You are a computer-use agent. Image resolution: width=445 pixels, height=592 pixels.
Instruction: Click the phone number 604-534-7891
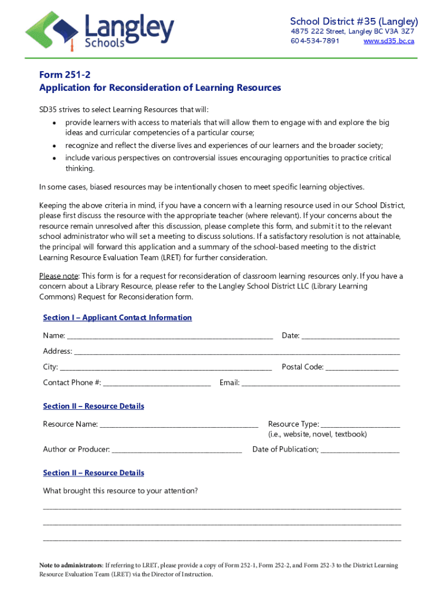click(315, 41)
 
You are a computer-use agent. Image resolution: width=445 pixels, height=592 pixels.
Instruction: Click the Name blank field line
click(170, 336)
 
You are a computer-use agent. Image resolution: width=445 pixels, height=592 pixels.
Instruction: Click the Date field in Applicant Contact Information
click(350, 336)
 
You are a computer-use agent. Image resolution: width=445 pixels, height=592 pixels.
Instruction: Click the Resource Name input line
click(179, 425)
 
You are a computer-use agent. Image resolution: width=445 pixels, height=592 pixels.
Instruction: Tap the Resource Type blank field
click(359, 425)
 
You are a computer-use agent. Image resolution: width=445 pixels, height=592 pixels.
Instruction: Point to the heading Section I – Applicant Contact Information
click(117, 317)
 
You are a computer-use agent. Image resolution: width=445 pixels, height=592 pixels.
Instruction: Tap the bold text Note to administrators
click(71, 565)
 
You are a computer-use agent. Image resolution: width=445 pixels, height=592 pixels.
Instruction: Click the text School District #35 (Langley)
click(354, 21)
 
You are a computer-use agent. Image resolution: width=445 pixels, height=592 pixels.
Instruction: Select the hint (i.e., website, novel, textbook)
click(317, 434)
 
